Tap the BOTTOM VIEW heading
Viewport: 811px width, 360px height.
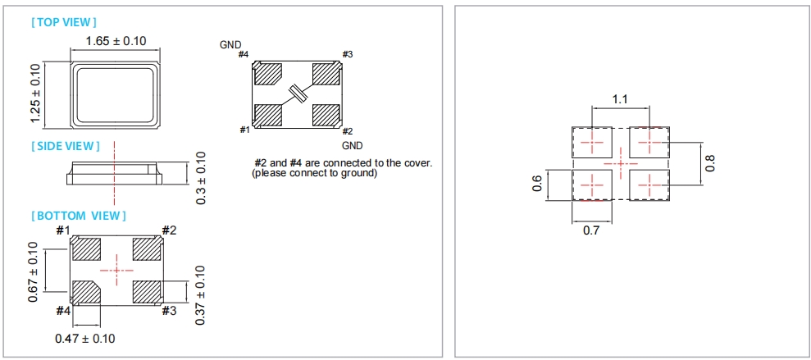pos(79,216)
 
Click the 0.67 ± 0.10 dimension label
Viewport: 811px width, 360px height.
pos(33,271)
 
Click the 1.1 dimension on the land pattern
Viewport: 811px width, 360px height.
pos(620,99)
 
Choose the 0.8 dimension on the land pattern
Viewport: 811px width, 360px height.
pos(710,162)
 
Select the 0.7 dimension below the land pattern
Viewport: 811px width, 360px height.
pos(590,231)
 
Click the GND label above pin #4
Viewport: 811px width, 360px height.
pos(230,44)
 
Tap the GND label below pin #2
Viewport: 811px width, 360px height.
pos(352,144)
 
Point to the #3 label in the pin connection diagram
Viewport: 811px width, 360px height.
pos(347,54)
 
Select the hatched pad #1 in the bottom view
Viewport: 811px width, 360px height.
pos(85,247)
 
